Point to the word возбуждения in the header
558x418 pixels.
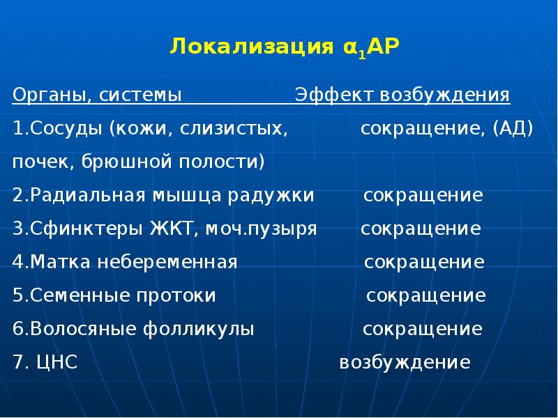445,95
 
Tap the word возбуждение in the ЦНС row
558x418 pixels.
405,362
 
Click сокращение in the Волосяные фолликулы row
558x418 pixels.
422,329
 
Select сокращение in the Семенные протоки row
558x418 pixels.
426,295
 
